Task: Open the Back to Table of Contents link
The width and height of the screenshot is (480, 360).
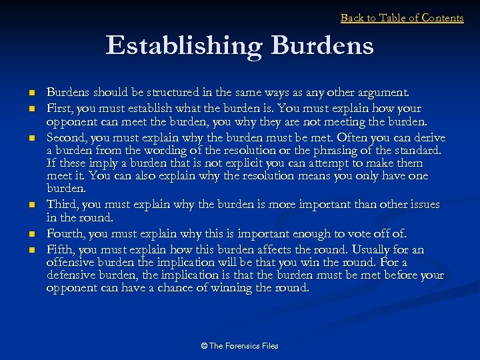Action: click(x=402, y=18)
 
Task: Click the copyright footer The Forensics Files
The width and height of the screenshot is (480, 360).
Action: click(x=239, y=345)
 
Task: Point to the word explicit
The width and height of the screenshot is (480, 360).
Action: click(x=231, y=163)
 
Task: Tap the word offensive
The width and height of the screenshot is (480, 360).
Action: click(x=70, y=263)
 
